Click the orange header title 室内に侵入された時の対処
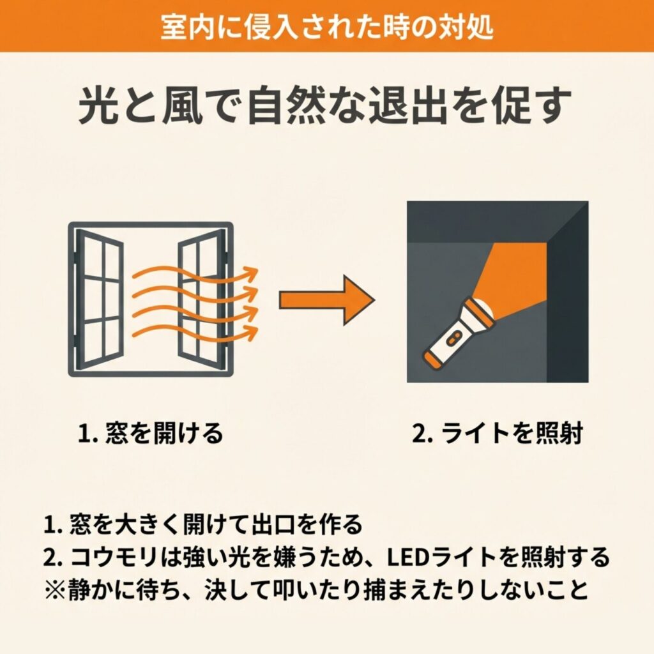327,27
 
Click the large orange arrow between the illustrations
327,300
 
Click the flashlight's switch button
452,338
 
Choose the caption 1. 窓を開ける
150,433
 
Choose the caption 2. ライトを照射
497,433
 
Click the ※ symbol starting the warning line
55,589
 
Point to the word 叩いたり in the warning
317,589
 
